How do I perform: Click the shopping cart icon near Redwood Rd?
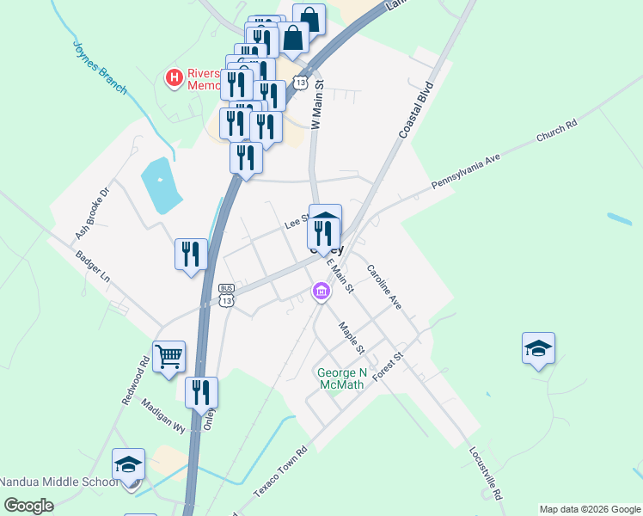coord(168,355)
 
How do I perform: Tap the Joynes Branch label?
coord(100,67)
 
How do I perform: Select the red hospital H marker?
coord(174,78)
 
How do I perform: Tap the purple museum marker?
coord(321,293)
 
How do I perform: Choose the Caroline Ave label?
coord(384,286)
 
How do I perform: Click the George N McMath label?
coord(341,378)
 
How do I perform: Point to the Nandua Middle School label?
coord(58,482)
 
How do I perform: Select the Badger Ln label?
coord(93,267)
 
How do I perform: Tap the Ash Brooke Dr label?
coord(94,213)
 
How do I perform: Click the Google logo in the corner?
coord(29,506)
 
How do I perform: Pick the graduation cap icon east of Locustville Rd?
coord(538,348)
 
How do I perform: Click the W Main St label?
coord(316,105)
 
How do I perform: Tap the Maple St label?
coord(352,337)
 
